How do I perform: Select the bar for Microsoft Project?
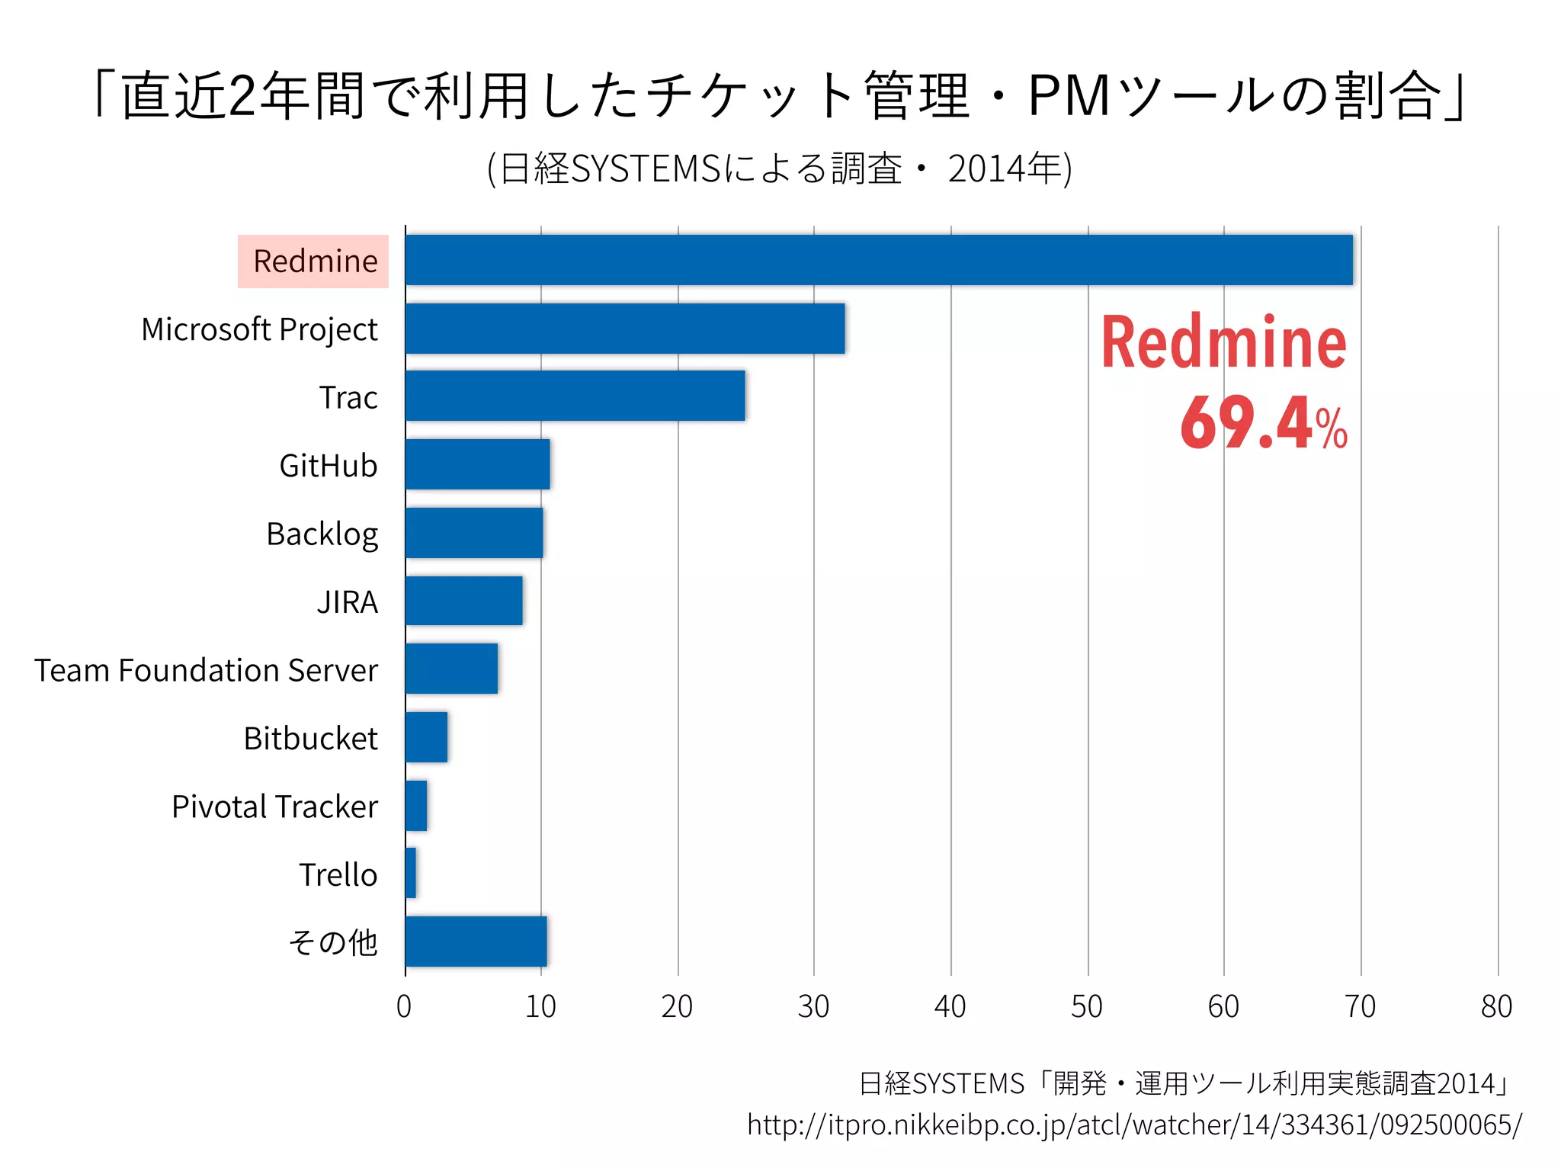625,329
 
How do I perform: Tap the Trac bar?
575,396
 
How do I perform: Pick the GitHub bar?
477,464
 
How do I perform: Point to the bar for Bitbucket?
426,737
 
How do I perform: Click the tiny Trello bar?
411,873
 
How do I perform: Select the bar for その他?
476,942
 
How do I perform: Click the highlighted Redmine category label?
314,261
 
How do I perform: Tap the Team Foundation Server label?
206,670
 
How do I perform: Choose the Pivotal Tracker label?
274,807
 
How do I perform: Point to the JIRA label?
348,602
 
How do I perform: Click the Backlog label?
322,534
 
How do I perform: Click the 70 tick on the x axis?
1360,1007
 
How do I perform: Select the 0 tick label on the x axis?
404,1007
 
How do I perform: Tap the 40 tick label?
950,1007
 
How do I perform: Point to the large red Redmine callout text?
1223,343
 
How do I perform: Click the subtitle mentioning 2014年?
779,168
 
